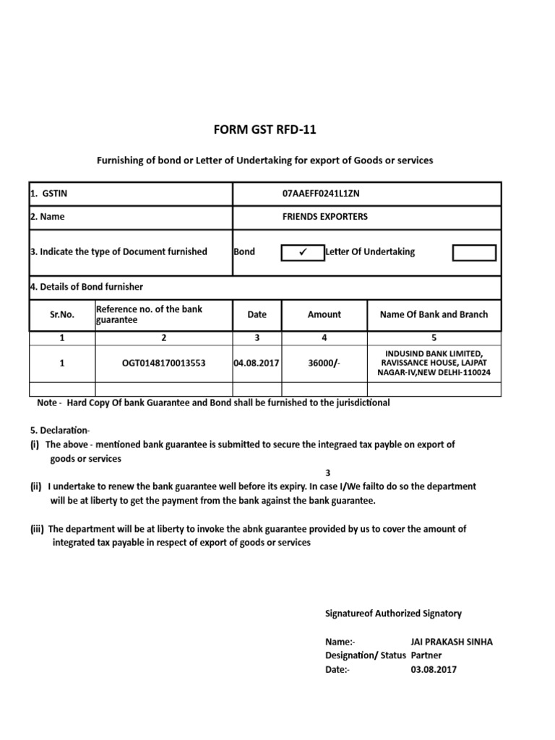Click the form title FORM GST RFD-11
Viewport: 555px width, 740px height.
(x=264, y=130)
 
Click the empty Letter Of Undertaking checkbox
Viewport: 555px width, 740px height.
(x=474, y=252)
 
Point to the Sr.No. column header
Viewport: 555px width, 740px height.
(x=61, y=314)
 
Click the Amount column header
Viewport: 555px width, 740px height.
(x=324, y=314)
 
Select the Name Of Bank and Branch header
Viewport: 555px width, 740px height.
(x=434, y=314)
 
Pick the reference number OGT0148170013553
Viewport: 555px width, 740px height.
(x=163, y=363)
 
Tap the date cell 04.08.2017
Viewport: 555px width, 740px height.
(x=257, y=363)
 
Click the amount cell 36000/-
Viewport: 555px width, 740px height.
(x=324, y=363)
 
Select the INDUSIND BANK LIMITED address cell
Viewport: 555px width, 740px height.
(x=434, y=363)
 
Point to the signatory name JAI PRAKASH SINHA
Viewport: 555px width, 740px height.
(x=451, y=642)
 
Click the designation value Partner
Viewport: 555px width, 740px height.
(x=428, y=655)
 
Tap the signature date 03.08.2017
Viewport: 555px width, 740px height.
(x=434, y=669)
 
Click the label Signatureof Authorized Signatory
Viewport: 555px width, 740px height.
(x=393, y=614)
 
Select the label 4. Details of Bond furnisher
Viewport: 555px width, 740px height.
(x=86, y=287)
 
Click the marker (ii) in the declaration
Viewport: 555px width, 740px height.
(x=36, y=487)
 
